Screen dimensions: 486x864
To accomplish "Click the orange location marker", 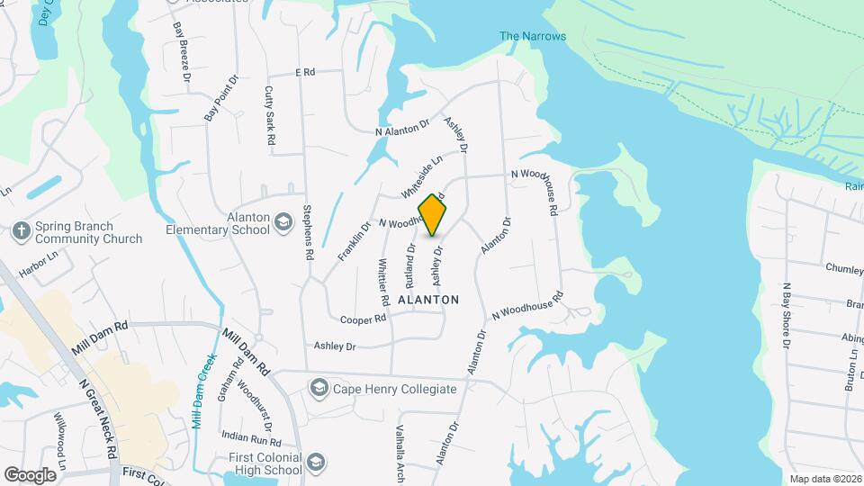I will tap(433, 214).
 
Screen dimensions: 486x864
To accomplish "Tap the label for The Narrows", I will tap(533, 36).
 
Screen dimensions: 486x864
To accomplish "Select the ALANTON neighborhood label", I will tap(428, 300).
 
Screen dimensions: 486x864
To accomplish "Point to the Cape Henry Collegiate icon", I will tap(319, 389).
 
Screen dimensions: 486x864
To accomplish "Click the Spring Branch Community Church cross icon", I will tap(21, 231).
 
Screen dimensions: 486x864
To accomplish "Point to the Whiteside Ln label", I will tap(422, 176).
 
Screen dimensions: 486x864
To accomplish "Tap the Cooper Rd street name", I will tap(363, 319).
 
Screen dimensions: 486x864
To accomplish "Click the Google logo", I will tap(31, 474).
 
